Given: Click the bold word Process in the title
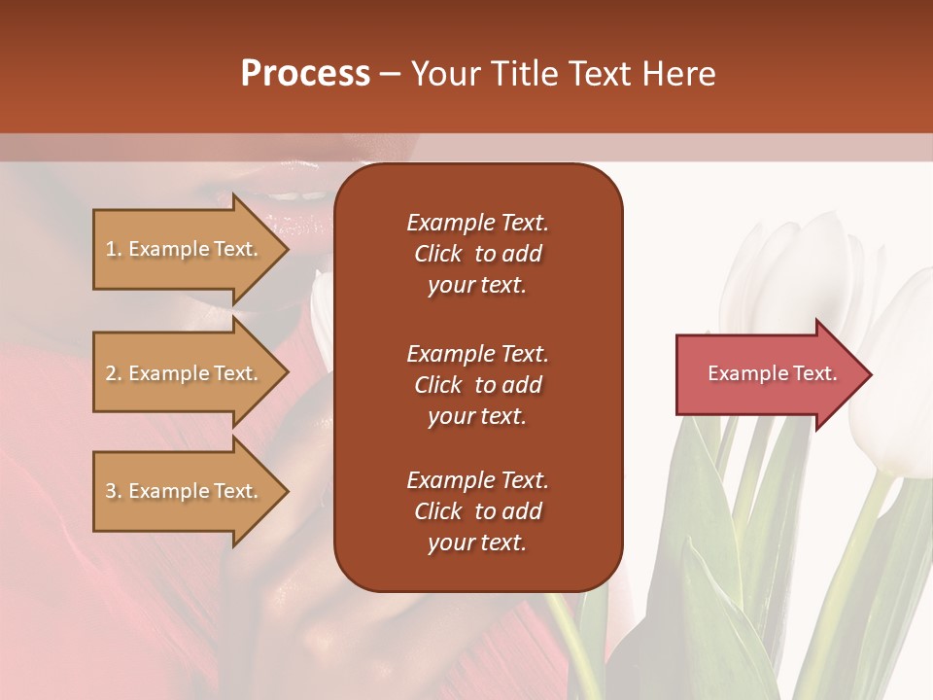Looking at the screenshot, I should coord(305,74).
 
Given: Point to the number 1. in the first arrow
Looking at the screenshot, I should coord(114,249).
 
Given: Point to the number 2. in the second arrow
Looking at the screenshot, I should coord(114,373).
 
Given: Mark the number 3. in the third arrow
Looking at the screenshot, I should coord(114,491).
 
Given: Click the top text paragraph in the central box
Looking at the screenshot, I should coord(477,254).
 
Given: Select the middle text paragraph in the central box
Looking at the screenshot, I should coord(477,385).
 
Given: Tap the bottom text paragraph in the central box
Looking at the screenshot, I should coord(477,511).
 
